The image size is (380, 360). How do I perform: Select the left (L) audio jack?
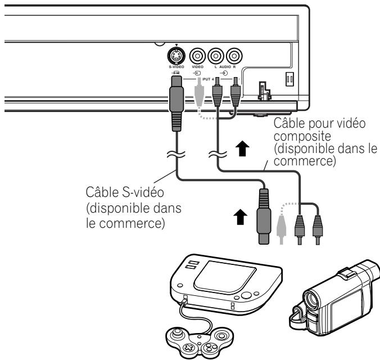tap(216, 57)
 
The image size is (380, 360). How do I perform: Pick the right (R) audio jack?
tap(234, 57)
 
